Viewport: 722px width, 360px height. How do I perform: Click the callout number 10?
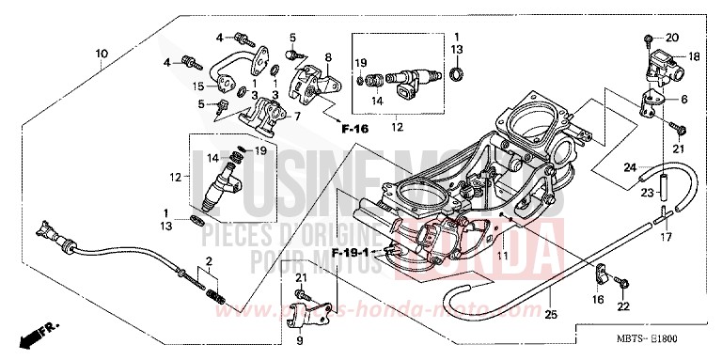pos(101,54)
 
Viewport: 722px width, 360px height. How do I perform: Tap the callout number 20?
pos(671,38)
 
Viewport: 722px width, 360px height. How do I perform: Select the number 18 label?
pos(694,57)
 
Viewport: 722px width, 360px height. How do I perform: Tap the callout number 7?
pos(299,117)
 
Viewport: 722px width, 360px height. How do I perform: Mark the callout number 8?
pos(328,58)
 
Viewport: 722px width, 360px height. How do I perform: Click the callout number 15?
pos(199,86)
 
